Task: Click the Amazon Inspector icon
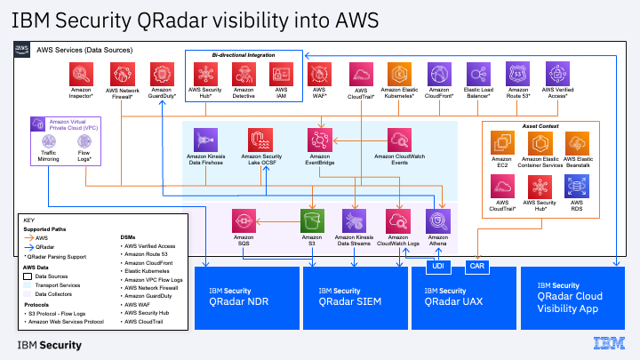coord(82,74)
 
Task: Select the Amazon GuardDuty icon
coord(162,74)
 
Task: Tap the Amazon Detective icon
coord(244,74)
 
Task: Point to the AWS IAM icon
coord(282,74)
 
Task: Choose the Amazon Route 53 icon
coord(518,74)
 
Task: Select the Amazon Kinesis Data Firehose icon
coord(206,140)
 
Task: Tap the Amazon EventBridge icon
coord(318,140)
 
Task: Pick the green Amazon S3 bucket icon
coord(311,220)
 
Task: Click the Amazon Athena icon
coord(438,220)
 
